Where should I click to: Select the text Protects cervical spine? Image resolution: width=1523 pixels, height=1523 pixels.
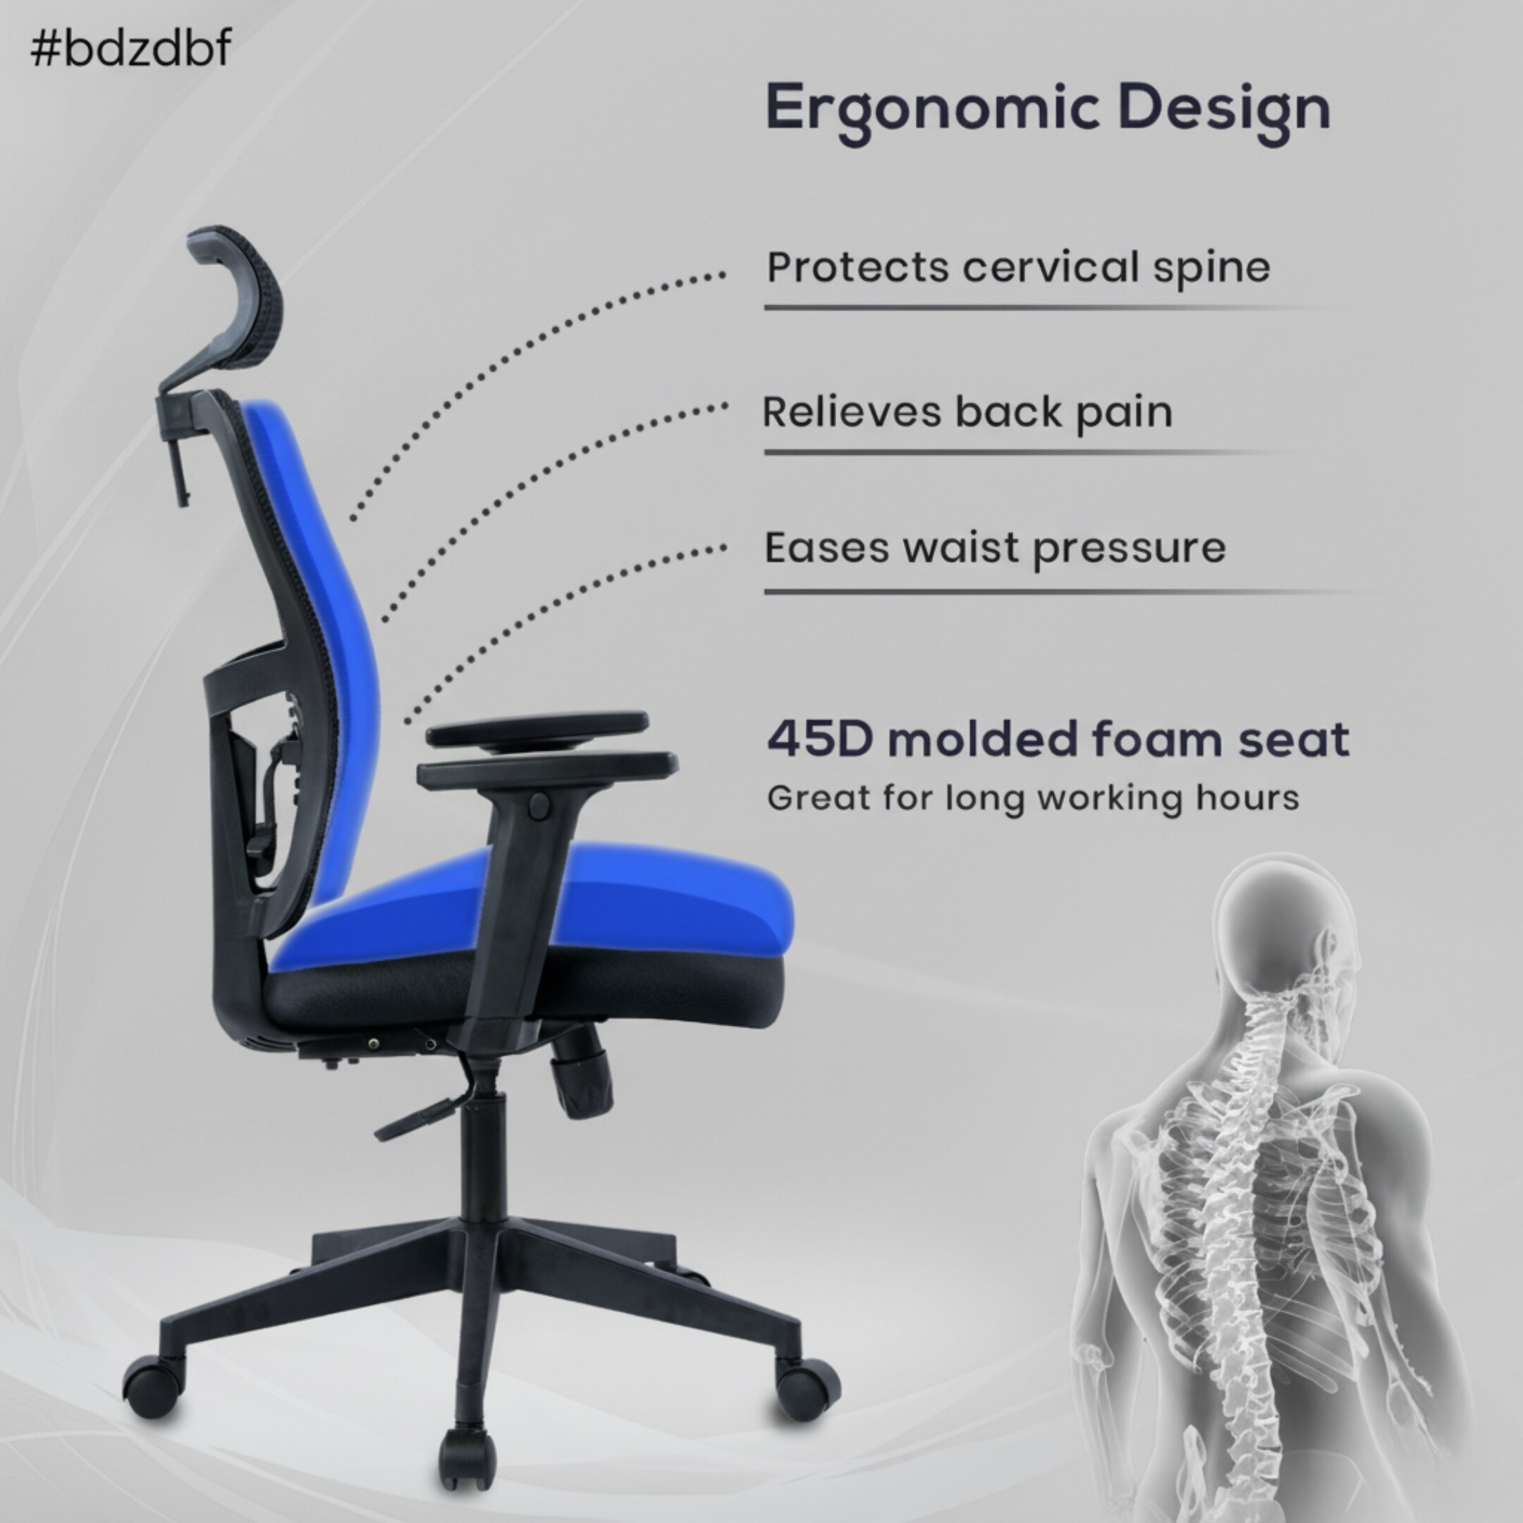(x=1017, y=267)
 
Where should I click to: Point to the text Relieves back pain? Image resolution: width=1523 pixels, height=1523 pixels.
(x=967, y=412)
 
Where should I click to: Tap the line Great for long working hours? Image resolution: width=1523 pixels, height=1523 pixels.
(x=1033, y=797)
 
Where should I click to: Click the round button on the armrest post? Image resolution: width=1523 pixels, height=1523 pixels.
(x=539, y=804)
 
